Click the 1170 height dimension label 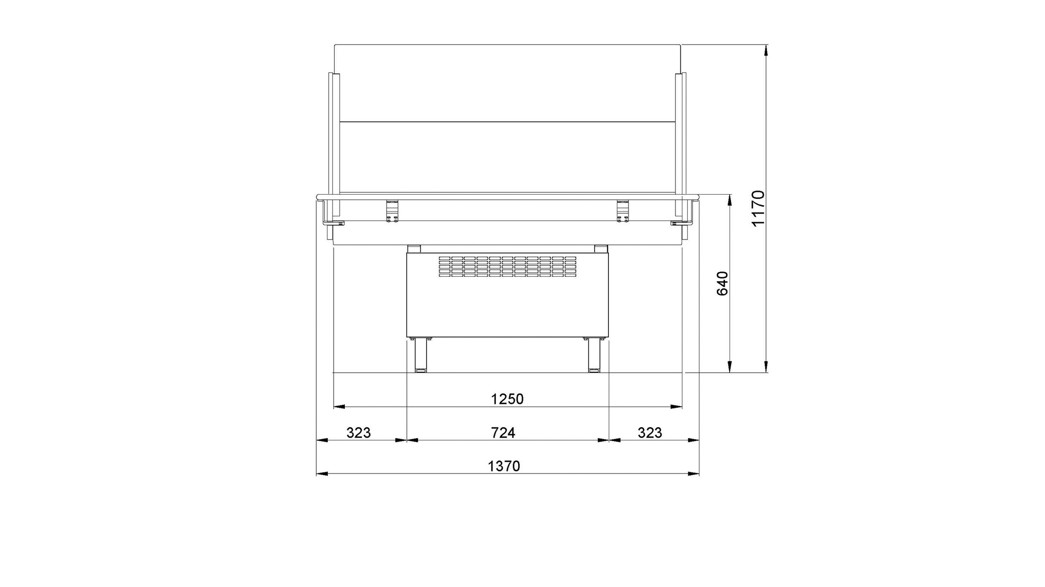(759, 208)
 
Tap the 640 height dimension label (722, 284)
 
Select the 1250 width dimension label (507, 399)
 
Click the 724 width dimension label (503, 433)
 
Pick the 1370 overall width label (504, 466)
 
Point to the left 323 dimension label (358, 433)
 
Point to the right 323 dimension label (650, 433)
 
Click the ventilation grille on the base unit (507, 266)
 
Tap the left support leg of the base (420, 355)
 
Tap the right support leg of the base (594, 355)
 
